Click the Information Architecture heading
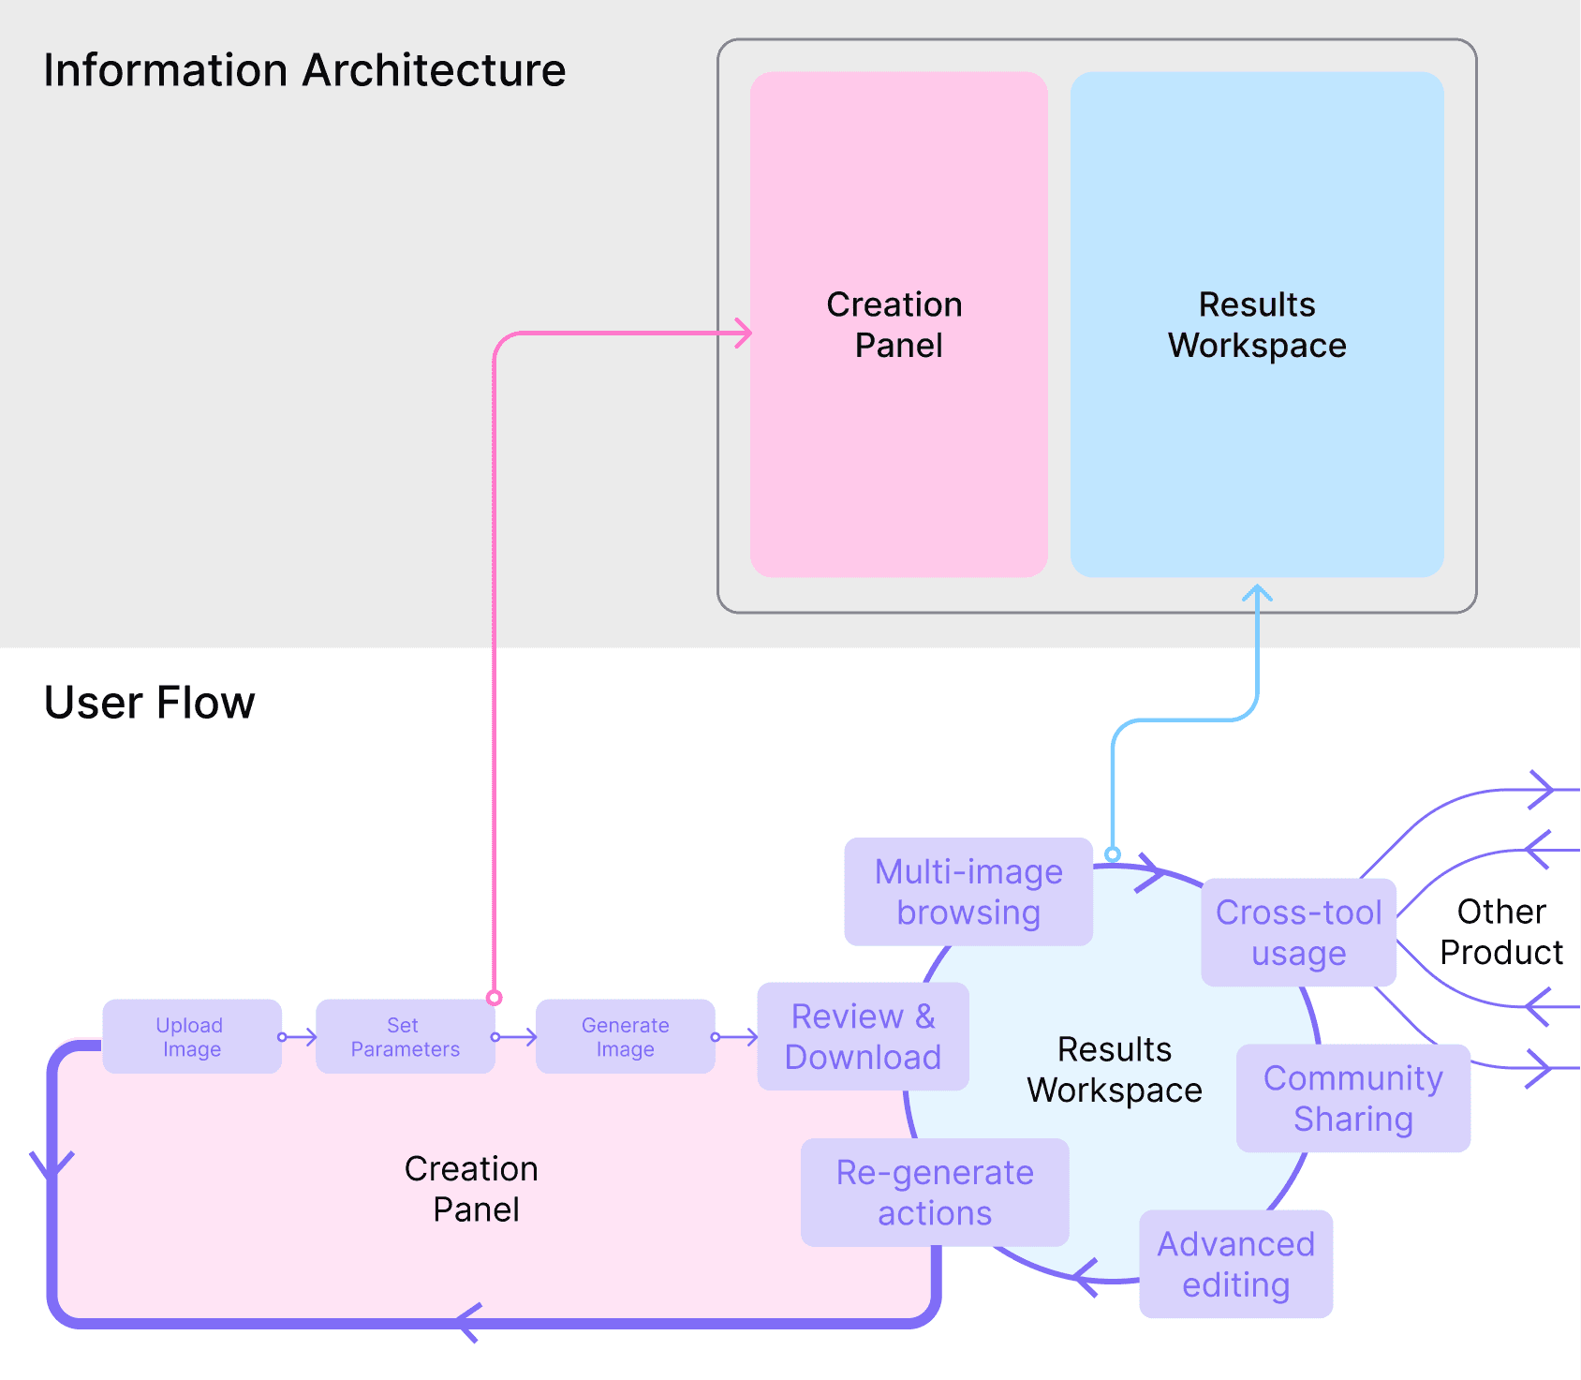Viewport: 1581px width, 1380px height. [304, 70]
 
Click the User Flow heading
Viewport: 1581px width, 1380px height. [149, 703]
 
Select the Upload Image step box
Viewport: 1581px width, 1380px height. [191, 1036]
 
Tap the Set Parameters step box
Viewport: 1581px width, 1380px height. [405, 1036]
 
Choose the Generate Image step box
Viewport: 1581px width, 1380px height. [625, 1036]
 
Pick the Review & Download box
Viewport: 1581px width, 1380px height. [863, 1036]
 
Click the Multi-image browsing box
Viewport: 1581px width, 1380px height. [968, 892]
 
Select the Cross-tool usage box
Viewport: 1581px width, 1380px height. [1298, 932]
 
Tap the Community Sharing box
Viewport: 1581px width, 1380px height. [1352, 1098]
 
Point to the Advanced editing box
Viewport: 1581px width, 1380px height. [1235, 1264]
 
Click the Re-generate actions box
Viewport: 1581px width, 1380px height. [935, 1193]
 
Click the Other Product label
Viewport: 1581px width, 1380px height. [1500, 931]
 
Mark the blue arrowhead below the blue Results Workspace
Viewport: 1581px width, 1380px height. [1257, 593]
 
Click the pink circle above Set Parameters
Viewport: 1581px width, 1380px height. [495, 998]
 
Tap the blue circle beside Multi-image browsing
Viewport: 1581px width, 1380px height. [1113, 854]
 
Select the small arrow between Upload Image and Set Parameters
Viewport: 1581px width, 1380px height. [299, 1037]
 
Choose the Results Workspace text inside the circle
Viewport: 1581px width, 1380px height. [1115, 1070]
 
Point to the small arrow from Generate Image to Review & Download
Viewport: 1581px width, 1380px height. [736, 1037]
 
